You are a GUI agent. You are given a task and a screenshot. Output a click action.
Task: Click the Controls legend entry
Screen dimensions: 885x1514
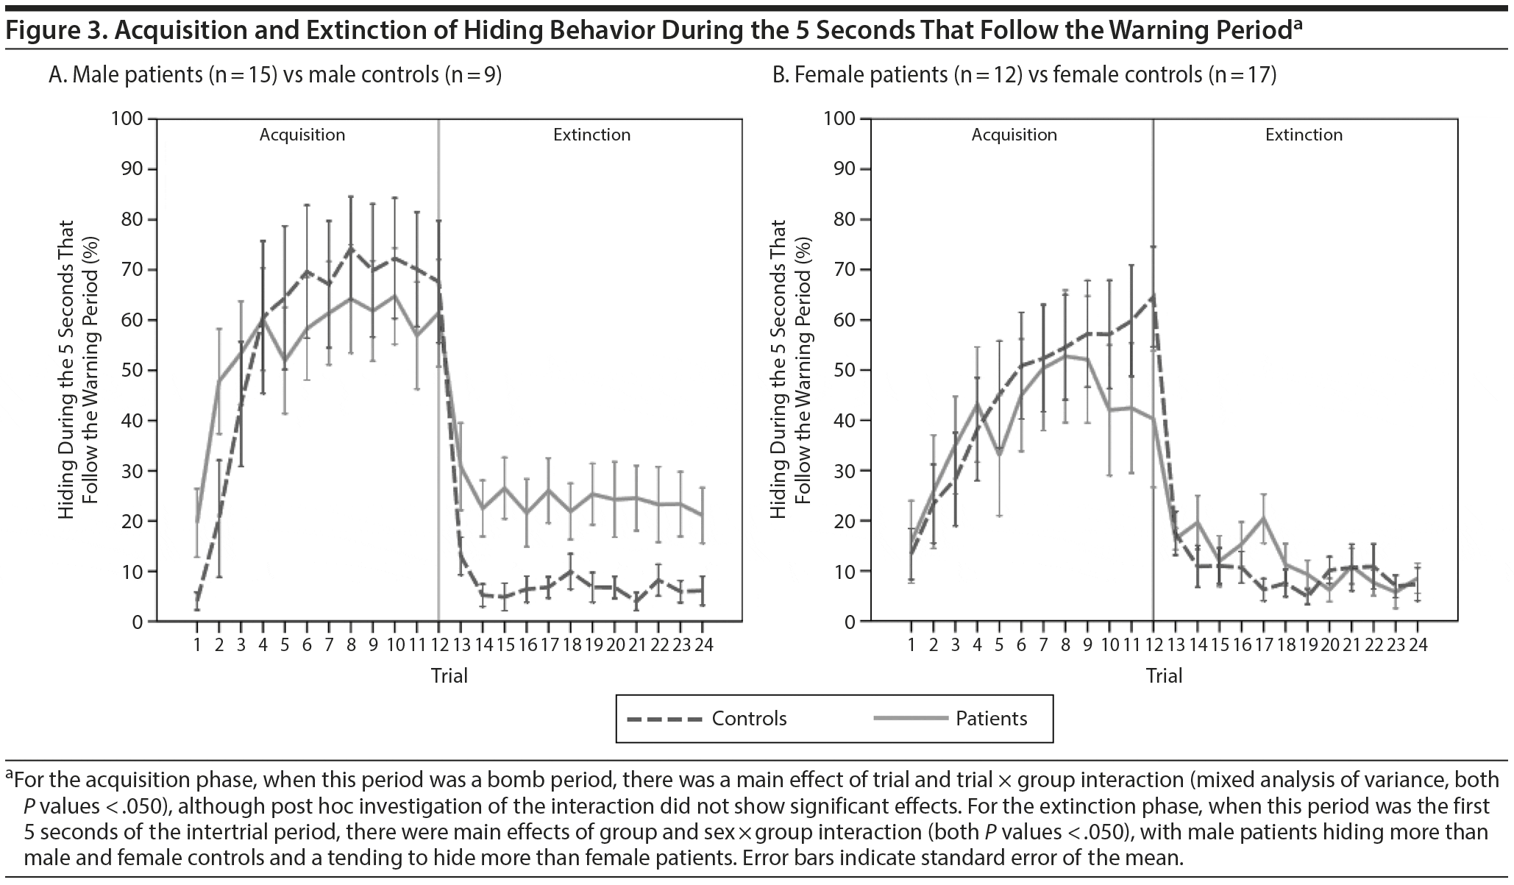click(748, 719)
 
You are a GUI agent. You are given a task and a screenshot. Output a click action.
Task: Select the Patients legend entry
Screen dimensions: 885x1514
click(990, 719)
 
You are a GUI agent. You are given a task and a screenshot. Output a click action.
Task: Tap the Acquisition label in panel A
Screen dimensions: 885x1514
click(302, 135)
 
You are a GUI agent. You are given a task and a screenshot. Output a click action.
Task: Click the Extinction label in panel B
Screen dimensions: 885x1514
click(1304, 135)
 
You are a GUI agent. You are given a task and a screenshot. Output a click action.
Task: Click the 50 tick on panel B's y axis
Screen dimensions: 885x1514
click(843, 370)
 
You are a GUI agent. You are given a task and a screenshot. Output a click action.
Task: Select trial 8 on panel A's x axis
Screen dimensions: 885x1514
click(351, 644)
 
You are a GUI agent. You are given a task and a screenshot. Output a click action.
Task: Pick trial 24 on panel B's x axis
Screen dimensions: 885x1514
click(1418, 644)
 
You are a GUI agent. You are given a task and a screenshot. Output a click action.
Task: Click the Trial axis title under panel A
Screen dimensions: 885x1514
click(449, 675)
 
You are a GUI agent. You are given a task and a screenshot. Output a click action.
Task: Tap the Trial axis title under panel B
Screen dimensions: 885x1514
click(1164, 675)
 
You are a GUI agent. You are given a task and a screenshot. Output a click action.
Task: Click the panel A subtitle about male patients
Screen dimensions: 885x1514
click(274, 75)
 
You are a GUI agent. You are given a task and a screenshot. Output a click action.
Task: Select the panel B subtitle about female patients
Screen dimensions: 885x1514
click(1023, 75)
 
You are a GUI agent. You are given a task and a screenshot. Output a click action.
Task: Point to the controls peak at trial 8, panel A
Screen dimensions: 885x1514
click(351, 248)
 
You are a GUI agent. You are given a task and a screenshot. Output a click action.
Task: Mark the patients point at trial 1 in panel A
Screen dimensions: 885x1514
click(197, 522)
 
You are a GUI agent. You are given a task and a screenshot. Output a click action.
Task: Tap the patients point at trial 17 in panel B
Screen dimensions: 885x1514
click(1263, 517)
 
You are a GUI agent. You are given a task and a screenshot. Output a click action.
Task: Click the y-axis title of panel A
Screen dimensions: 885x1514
click(77, 369)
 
